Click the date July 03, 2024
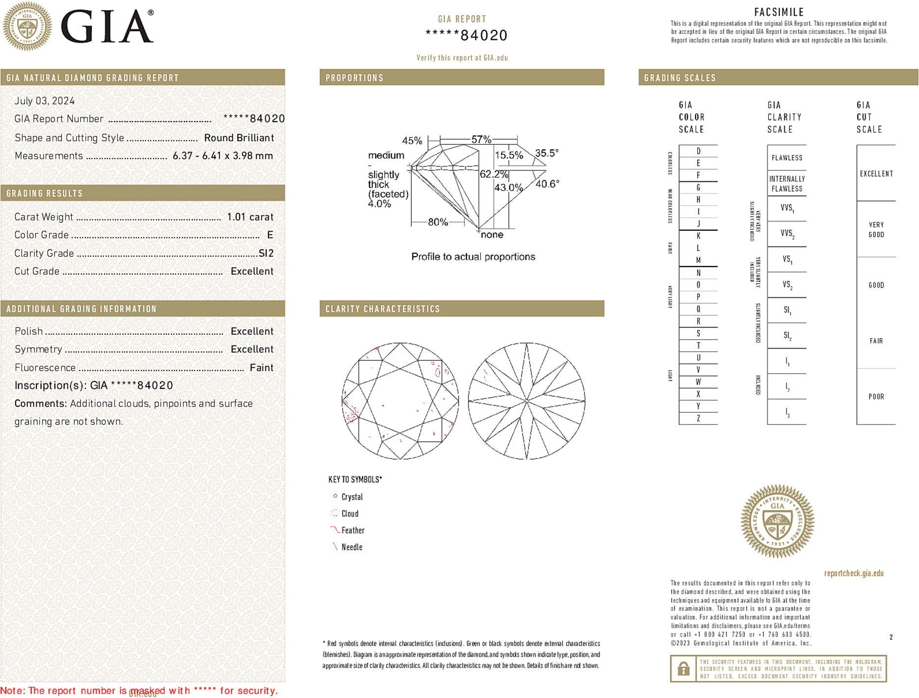tap(45, 101)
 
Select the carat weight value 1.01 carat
tap(250, 217)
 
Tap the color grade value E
tap(270, 235)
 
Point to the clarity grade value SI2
tap(266, 253)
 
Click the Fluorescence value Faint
tap(262, 368)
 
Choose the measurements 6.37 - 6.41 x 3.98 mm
tap(223, 156)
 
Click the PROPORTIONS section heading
tap(354, 78)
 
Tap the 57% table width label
tap(481, 139)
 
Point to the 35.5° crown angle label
tap(547, 153)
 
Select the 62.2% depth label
tap(494, 174)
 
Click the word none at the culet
tap(492, 235)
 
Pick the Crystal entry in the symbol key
tap(352, 497)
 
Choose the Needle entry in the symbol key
tap(352, 547)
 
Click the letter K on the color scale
tap(698, 236)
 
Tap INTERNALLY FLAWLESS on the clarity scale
tap(787, 184)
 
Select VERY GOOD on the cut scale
tap(876, 230)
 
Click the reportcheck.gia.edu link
tap(854, 573)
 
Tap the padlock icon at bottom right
tap(683, 669)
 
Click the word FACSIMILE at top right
tap(779, 12)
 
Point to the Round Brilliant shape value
tap(239, 138)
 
